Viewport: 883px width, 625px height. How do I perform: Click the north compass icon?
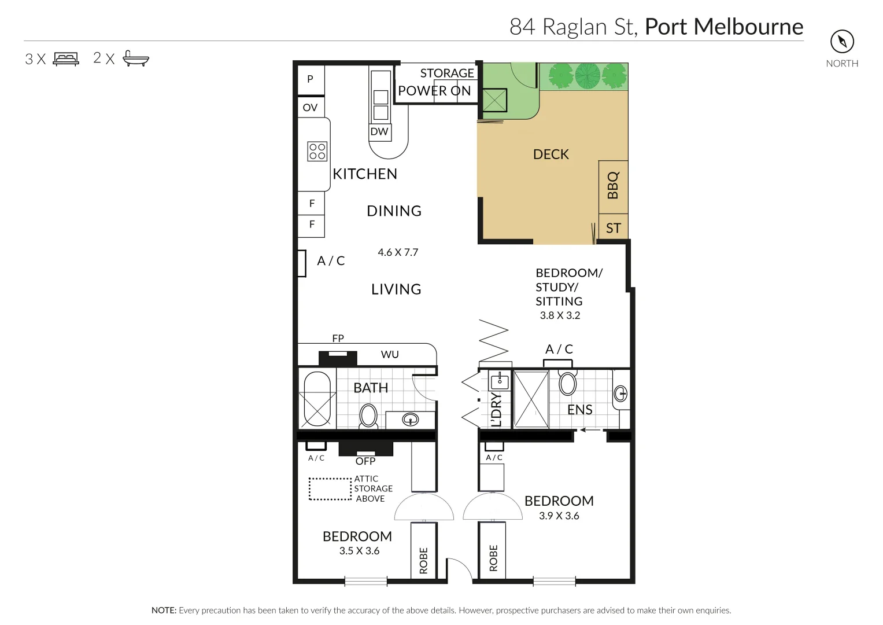pos(842,42)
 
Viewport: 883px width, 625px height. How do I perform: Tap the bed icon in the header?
pos(65,58)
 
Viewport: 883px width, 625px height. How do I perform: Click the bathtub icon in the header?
pos(136,58)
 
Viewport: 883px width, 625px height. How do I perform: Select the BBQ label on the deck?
pos(613,185)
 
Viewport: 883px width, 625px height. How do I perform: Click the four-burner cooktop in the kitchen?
pos(317,151)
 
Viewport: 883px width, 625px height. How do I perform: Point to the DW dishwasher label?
pos(379,131)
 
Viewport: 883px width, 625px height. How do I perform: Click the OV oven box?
pos(311,107)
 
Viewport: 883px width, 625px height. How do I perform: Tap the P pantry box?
pos(311,79)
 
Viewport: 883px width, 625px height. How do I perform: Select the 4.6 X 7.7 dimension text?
pos(398,252)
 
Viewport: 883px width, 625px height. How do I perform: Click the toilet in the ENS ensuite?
pos(567,383)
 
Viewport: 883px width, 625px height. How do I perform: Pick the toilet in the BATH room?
pos(368,416)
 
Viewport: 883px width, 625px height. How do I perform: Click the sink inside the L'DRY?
pos(500,381)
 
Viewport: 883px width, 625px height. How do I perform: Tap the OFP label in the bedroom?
pos(365,461)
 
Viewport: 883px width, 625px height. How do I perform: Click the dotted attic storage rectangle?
pos(330,488)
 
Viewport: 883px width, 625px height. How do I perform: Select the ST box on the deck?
pos(613,228)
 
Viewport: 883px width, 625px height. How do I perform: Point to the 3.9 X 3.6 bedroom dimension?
pos(559,516)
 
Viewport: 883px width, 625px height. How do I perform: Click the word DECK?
pos(551,155)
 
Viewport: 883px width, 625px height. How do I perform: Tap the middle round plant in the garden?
pos(587,76)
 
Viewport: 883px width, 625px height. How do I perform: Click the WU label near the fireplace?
pos(390,354)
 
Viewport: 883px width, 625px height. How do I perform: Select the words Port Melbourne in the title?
pos(723,27)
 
